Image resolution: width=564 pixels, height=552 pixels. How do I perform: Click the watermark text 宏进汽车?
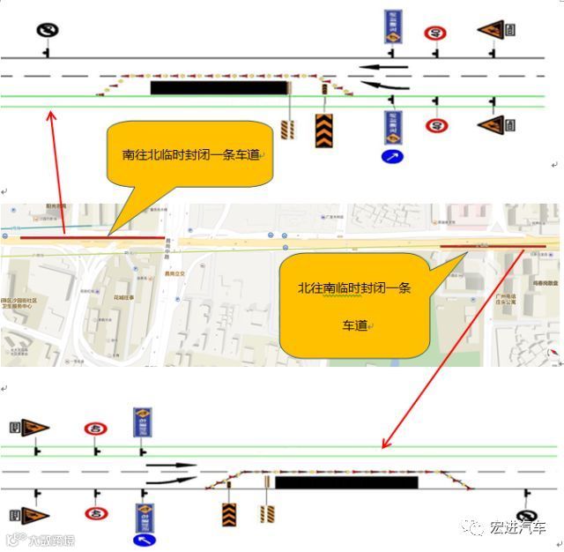pyautogui.click(x=518, y=527)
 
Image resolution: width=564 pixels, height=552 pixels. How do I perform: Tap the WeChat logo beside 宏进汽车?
pyautogui.click(x=476, y=527)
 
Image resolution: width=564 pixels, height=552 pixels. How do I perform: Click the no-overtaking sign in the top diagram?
pyautogui.click(x=46, y=31)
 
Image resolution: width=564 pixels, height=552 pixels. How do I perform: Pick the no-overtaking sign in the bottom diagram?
pyautogui.click(x=526, y=518)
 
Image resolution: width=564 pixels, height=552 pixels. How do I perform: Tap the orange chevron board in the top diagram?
pyautogui.click(x=323, y=131)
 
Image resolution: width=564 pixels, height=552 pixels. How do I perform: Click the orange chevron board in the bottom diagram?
pyautogui.click(x=229, y=513)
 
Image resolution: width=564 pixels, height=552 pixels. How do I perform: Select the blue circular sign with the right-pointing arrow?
pyautogui.click(x=392, y=157)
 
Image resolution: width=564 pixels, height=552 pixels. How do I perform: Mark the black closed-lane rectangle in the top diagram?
pyautogui.click(x=219, y=87)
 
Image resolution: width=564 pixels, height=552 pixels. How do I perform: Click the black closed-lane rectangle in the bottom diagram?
pyautogui.click(x=346, y=482)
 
